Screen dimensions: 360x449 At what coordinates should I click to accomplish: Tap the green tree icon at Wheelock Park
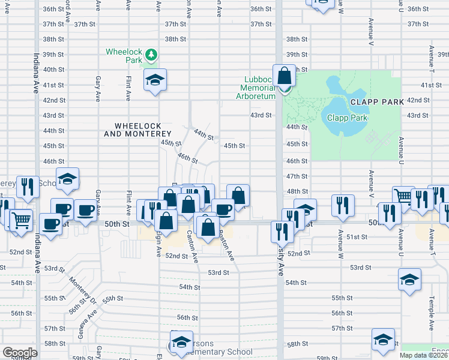coord(152,55)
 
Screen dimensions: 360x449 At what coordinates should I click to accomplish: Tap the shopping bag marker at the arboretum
coord(285,77)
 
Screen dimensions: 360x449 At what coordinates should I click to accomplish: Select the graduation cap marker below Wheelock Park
coord(155,80)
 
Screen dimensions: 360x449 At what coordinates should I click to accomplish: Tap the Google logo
coord(20,353)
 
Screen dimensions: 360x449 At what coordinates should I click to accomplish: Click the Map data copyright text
coord(423,355)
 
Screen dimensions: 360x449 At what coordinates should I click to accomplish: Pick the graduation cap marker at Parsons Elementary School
coord(181,342)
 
